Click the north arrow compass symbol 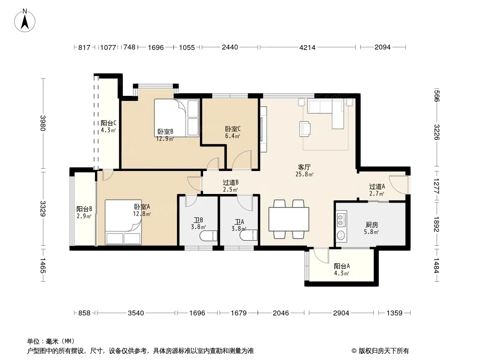coord(25,21)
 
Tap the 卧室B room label coord(165,131)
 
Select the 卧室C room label coord(233,129)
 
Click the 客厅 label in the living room coord(304,167)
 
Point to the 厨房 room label coord(371,225)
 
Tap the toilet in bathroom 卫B coord(208,236)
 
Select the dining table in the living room coord(289,219)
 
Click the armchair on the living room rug coord(305,128)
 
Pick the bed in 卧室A coord(123,222)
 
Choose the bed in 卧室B coord(177,118)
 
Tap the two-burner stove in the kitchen coord(341,219)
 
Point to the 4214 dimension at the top coord(308,47)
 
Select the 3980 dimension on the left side coord(43,123)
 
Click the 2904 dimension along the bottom coord(341,313)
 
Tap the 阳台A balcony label coord(342,266)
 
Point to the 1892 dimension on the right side coord(436,224)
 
